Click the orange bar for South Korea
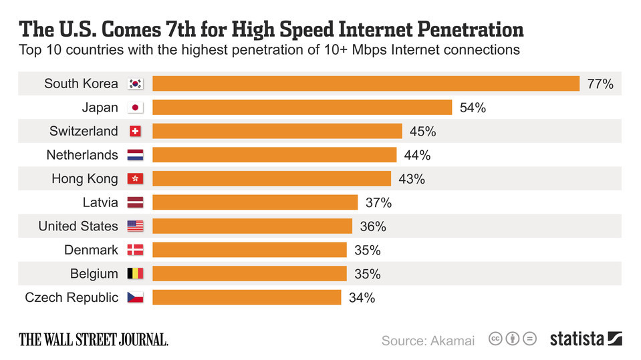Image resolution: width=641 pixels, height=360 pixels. tap(366, 83)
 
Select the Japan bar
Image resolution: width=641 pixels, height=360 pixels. tap(302, 108)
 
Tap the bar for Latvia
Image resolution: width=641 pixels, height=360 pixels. tap(255, 202)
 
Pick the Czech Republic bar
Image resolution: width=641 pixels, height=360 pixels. tap(247, 297)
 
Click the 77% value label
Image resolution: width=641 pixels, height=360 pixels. tap(600, 84)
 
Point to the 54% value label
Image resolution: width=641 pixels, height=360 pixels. tap(473, 108)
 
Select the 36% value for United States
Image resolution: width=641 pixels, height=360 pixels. tap(373, 226)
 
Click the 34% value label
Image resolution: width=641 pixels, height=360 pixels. tap(362, 298)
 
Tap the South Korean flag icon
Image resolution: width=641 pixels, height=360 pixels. tap(135, 84)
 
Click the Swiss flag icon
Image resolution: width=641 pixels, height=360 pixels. tap(135, 132)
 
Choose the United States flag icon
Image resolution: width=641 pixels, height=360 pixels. tap(135, 226)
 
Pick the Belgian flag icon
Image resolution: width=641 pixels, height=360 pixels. tap(135, 274)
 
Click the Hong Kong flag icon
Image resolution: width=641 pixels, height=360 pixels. tap(135, 179)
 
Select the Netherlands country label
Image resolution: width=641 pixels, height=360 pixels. tap(82, 155)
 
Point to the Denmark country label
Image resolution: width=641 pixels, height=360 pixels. tap(91, 250)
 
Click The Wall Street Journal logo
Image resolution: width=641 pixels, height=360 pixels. tap(94, 339)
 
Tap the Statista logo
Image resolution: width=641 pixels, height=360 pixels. tap(586, 339)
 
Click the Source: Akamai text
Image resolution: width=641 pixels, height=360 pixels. tap(428, 341)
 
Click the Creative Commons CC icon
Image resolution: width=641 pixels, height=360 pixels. tap(496, 339)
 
